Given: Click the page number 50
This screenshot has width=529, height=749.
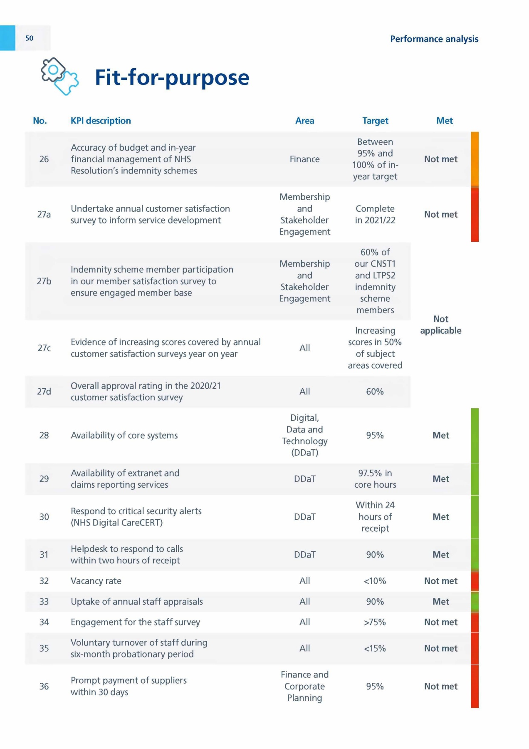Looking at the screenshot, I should click(29, 38).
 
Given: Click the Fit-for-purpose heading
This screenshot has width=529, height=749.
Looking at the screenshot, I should click(172, 78).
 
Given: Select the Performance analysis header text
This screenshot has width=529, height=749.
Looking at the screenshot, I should click(434, 39).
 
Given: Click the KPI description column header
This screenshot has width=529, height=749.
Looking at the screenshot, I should click(101, 121).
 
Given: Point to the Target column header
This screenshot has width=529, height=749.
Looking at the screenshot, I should click(375, 121).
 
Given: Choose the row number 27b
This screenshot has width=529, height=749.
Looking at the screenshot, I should click(44, 281).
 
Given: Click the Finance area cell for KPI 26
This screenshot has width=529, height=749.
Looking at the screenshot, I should click(304, 159).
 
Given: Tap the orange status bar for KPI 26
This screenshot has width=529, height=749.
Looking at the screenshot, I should click(475, 159).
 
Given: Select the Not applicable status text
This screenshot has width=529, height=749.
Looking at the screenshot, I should click(441, 325).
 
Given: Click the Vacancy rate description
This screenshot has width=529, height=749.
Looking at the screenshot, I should click(96, 581).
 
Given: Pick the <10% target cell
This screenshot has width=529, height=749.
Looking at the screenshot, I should click(375, 581).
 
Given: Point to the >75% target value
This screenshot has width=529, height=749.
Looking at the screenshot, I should click(375, 622).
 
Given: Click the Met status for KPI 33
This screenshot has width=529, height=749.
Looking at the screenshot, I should click(441, 602).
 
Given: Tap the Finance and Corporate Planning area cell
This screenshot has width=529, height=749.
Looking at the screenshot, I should click(304, 686).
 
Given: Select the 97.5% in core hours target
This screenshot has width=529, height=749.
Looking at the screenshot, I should click(375, 479).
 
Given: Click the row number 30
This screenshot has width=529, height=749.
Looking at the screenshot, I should click(44, 517).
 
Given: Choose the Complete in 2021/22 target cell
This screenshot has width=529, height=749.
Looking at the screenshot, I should click(375, 214).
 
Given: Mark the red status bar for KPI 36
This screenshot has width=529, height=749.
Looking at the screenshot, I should click(475, 686).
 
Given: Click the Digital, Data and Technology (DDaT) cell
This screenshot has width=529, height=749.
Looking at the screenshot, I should click(304, 435).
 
